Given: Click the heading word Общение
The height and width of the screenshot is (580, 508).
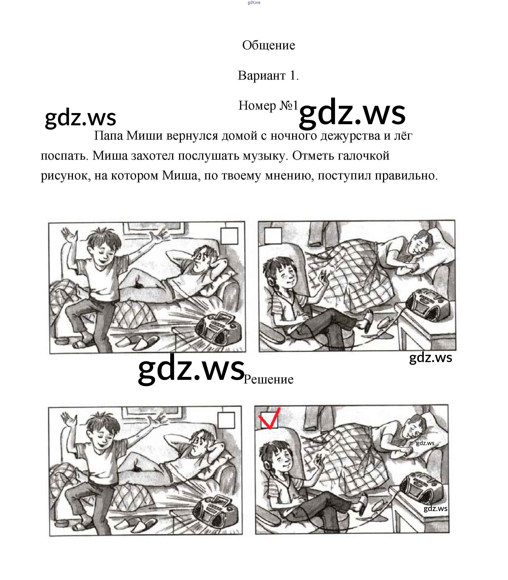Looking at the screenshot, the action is [268, 45].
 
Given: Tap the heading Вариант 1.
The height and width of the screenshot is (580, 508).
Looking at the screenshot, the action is [268, 76].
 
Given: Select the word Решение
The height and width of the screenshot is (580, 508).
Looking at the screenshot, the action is [268, 379].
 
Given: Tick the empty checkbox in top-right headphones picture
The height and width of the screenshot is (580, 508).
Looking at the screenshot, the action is [273, 235].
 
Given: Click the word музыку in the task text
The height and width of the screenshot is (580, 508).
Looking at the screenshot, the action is [265, 156].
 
